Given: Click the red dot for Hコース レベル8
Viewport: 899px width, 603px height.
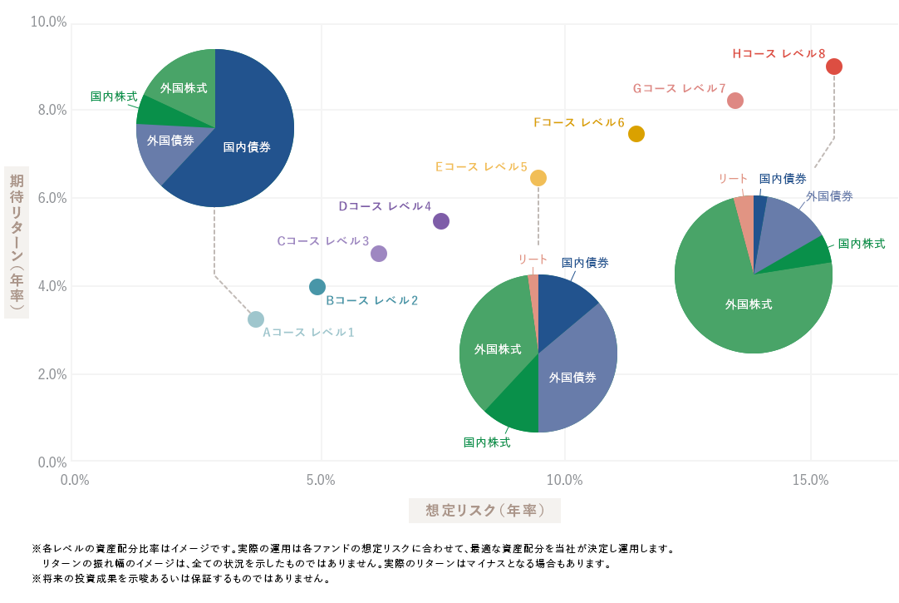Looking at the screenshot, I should (834, 67).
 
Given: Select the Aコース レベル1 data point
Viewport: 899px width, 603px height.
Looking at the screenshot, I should (256, 319).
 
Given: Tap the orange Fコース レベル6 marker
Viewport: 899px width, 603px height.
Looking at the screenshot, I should (636, 134).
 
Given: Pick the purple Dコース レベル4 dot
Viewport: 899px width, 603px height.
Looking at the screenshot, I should (441, 221).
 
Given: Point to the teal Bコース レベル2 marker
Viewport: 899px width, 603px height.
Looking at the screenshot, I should (317, 287).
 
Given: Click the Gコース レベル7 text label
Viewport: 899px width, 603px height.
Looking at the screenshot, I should (679, 88).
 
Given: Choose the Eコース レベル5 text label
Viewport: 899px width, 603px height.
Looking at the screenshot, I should (481, 166).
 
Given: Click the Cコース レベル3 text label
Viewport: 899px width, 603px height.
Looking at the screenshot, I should (322, 241).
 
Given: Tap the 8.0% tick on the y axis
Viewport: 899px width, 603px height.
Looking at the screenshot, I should (48, 110).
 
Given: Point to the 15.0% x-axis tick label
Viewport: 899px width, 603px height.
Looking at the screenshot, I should (810, 480).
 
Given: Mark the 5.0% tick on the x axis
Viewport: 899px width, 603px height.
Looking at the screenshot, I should (320, 480).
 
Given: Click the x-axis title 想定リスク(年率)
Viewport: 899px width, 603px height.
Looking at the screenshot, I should (484, 511).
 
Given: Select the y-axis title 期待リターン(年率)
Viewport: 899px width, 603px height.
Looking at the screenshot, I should (17, 244).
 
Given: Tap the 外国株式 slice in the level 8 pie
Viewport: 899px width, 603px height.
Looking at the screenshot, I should (748, 304).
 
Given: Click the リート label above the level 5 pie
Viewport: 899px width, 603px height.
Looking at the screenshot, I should (533, 259).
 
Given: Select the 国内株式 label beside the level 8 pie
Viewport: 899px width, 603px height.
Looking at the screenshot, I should (861, 244).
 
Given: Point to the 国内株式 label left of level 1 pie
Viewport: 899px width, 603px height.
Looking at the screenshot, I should (114, 96).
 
